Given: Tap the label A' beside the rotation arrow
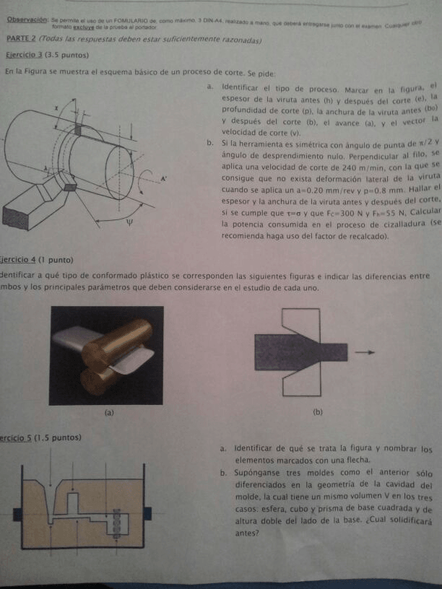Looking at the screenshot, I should click(x=165, y=178).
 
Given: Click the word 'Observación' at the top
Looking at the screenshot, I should click(x=27, y=21).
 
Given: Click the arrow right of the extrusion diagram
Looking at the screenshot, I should click(x=366, y=352).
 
